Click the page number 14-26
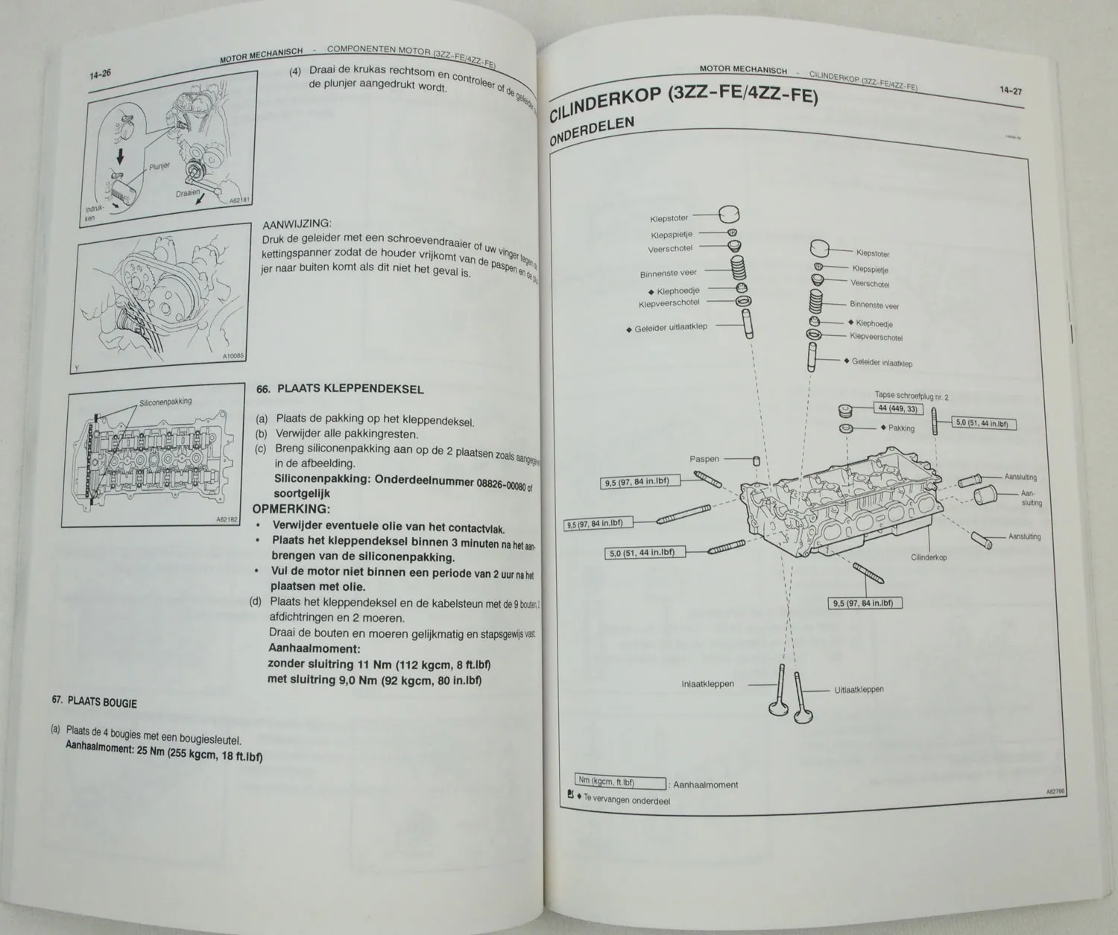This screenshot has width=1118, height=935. coord(101,75)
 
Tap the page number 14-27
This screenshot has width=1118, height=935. coord(1010,91)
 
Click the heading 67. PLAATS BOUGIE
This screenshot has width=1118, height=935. coord(95,701)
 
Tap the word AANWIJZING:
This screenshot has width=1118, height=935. coord(297,224)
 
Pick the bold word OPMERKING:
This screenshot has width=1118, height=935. coord(291,510)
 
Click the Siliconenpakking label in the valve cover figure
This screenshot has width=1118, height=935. coord(165,402)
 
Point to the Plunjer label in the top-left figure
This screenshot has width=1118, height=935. coord(160,167)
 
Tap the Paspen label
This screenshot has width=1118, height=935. coord(704,459)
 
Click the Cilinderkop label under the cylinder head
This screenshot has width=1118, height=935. coord(929,557)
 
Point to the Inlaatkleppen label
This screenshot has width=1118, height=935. coord(707,684)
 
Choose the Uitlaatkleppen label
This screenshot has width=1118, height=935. coord(859,689)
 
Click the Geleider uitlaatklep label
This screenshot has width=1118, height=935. coord(670,327)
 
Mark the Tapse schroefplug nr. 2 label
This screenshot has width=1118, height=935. coord(911,396)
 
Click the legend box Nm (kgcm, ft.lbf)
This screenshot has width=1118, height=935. coord(620,782)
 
